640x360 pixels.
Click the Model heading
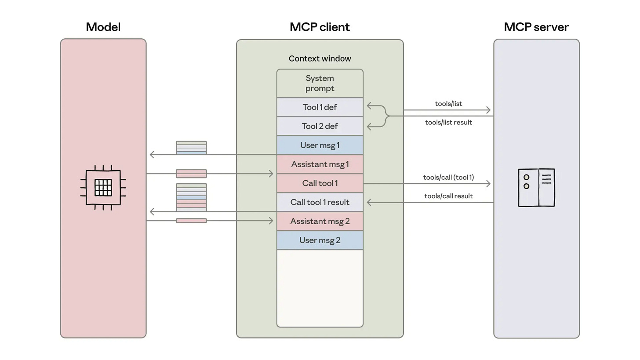click(x=103, y=27)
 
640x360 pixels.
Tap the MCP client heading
click(x=320, y=27)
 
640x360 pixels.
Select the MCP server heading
click(x=536, y=27)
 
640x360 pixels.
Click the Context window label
click(x=320, y=58)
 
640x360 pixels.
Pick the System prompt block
click(x=320, y=83)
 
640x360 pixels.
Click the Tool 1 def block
click(x=320, y=107)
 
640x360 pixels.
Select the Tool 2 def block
click(x=320, y=126)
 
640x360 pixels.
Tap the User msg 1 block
click(x=320, y=145)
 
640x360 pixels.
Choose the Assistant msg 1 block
click(x=320, y=164)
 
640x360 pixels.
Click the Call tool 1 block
click(x=320, y=183)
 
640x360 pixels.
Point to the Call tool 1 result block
click(x=320, y=202)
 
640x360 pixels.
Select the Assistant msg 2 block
click(x=320, y=221)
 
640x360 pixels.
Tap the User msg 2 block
click(x=320, y=240)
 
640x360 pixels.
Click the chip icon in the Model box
click(x=103, y=187)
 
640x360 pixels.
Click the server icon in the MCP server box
click(x=536, y=187)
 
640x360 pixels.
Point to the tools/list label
click(x=448, y=104)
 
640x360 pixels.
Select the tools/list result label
click(x=448, y=123)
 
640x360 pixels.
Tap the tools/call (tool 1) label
click(x=448, y=178)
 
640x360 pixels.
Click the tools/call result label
click(x=448, y=196)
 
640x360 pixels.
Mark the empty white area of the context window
click(x=320, y=288)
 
